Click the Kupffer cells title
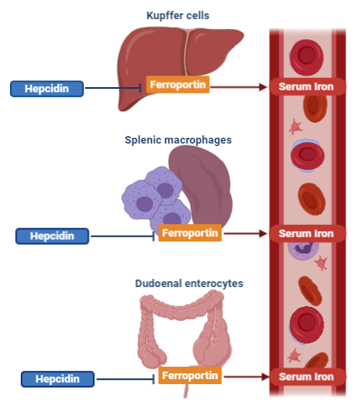tap(178, 16)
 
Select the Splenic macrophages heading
tap(178, 140)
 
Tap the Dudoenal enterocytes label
tap(189, 284)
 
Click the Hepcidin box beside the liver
tap(46, 89)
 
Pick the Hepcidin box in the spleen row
tap(52, 236)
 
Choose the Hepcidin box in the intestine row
tap(57, 379)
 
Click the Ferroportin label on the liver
tap(178, 85)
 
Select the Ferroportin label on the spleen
tap(190, 233)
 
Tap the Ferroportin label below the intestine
tap(190, 376)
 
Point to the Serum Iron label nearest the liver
tap(306, 86)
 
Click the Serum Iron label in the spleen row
tap(306, 234)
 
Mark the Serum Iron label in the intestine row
tap(306, 377)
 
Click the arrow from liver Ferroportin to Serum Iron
tap(239, 87)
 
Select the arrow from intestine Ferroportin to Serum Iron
tap(246, 377)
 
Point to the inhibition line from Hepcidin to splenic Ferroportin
tap(123, 236)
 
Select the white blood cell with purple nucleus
tap(303, 250)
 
